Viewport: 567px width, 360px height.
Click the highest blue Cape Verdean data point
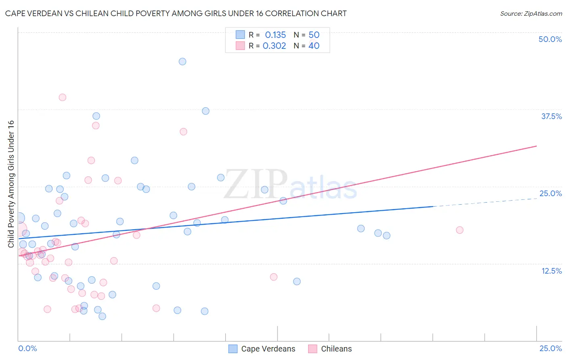point(182,62)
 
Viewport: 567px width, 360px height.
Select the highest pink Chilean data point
point(63,97)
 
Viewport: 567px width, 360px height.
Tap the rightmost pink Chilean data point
point(460,230)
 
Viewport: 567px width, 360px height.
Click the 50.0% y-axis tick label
point(550,39)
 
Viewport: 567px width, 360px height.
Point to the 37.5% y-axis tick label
point(551,116)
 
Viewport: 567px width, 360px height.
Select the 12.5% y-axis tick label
point(551,271)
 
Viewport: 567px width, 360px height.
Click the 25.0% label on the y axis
point(550,193)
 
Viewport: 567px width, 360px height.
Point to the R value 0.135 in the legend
point(275,35)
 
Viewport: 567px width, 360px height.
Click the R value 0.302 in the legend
point(274,46)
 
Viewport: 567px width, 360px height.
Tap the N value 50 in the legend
point(314,35)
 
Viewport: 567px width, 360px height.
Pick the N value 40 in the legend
point(314,46)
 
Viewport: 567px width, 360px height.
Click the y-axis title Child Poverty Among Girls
point(11,184)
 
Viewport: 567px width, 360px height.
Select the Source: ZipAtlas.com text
point(531,14)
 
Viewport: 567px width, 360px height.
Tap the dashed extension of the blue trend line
point(484,203)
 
